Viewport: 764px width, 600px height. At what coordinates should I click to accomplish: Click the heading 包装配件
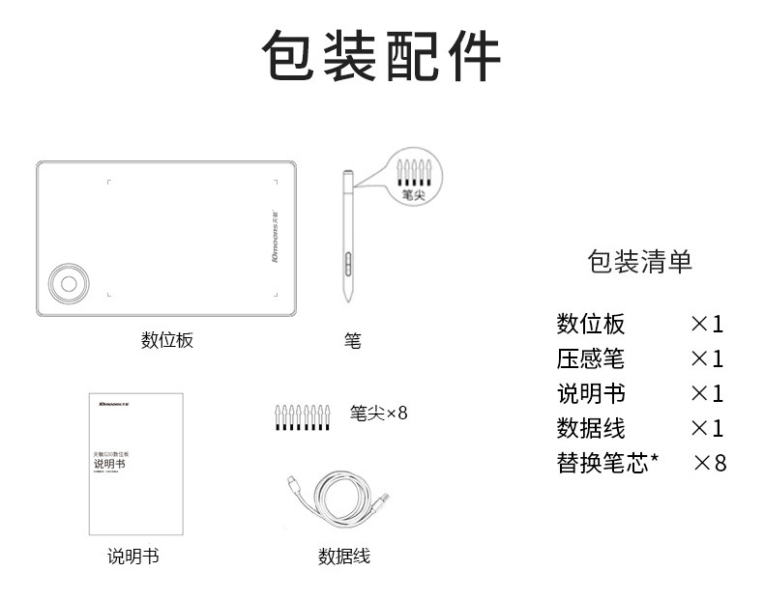(382, 57)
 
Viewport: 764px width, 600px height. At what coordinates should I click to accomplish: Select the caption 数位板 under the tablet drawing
(167, 340)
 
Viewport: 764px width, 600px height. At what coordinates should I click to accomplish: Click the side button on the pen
(346, 263)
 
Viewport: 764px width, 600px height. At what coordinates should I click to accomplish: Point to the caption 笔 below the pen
(352, 341)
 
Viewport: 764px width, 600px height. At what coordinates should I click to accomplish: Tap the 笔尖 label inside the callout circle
(413, 194)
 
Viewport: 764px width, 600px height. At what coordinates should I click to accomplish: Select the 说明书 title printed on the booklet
(109, 465)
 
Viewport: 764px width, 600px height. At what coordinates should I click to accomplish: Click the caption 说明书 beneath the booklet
(133, 557)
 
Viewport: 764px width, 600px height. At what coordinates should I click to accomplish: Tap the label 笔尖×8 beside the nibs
(379, 413)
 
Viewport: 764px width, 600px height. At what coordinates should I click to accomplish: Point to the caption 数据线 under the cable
(344, 557)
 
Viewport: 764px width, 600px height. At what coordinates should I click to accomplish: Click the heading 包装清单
(640, 261)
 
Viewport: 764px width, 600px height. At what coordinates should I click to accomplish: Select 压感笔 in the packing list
(591, 359)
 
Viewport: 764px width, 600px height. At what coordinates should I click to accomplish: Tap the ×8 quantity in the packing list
(710, 463)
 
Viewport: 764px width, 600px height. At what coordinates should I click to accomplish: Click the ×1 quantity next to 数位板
(707, 324)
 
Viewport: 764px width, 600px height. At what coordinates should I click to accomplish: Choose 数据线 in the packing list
(591, 428)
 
